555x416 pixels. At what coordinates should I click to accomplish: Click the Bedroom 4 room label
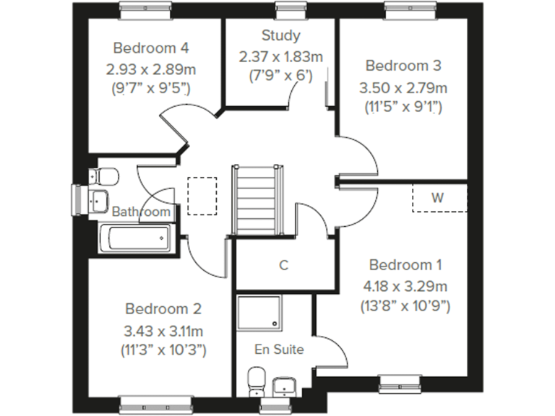[x=151, y=48]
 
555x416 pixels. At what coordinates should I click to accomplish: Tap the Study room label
[x=281, y=35]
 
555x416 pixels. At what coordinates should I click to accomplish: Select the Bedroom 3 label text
[x=403, y=66]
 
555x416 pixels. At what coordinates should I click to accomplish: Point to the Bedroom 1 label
[x=405, y=264]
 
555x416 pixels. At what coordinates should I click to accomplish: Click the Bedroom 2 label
[x=163, y=309]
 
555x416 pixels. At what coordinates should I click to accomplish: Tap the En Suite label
[x=279, y=350]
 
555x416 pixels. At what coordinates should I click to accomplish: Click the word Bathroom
[x=142, y=212]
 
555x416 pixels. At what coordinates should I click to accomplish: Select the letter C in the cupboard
[x=284, y=265]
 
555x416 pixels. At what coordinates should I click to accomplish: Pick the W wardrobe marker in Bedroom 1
[x=438, y=197]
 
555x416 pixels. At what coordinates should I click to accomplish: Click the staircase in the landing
[x=257, y=199]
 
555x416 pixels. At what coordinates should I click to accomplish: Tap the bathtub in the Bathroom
[x=136, y=238]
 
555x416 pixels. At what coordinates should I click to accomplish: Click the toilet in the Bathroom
[x=105, y=176]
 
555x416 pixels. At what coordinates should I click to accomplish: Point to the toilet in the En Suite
[x=257, y=381]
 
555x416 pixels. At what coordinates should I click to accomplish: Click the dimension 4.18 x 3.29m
[x=405, y=285]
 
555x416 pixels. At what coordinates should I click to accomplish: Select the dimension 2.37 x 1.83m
[x=281, y=56]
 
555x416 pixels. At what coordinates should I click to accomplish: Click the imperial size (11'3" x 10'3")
[x=163, y=350]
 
